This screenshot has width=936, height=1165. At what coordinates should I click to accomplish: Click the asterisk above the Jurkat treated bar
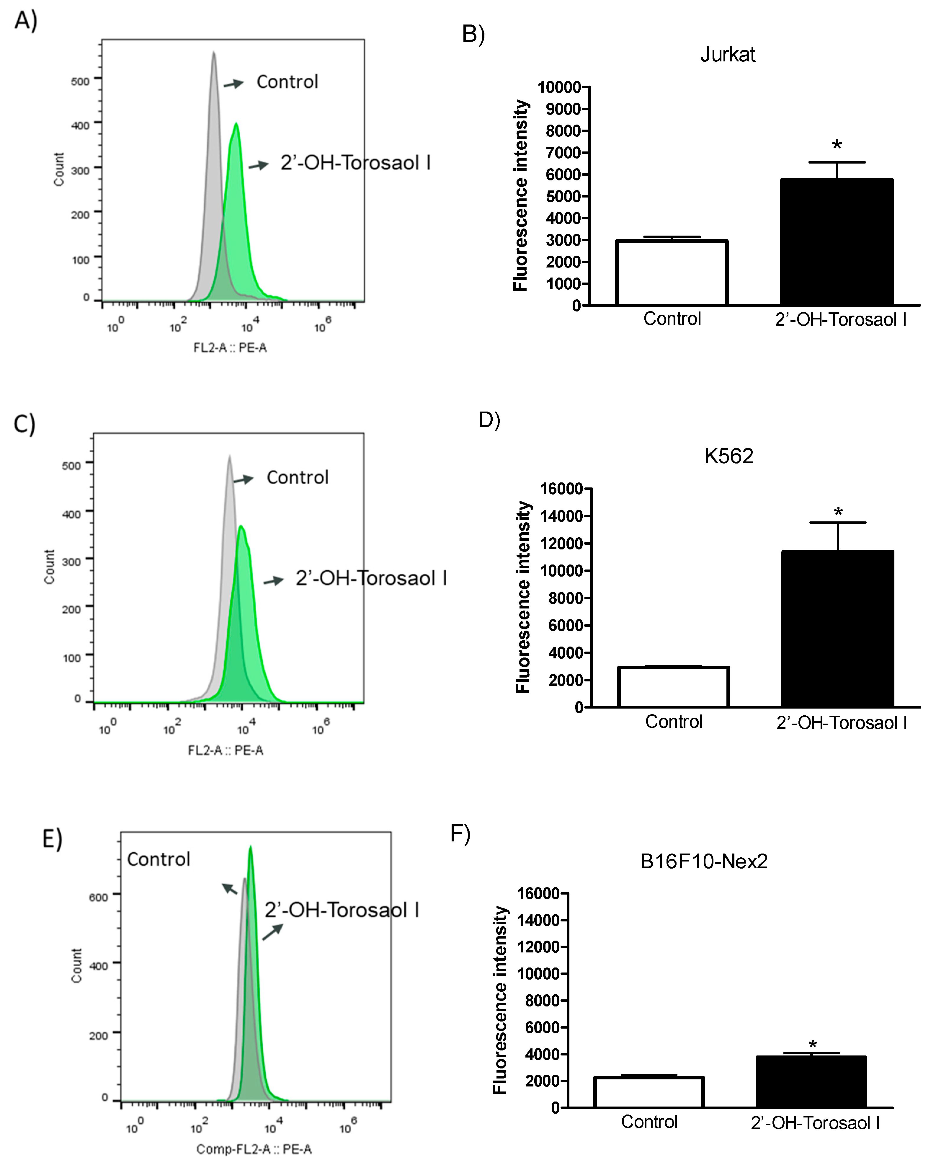[x=837, y=145]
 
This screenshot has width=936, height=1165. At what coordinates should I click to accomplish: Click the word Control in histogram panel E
[x=158, y=859]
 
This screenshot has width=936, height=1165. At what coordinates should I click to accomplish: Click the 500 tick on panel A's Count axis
[x=81, y=81]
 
